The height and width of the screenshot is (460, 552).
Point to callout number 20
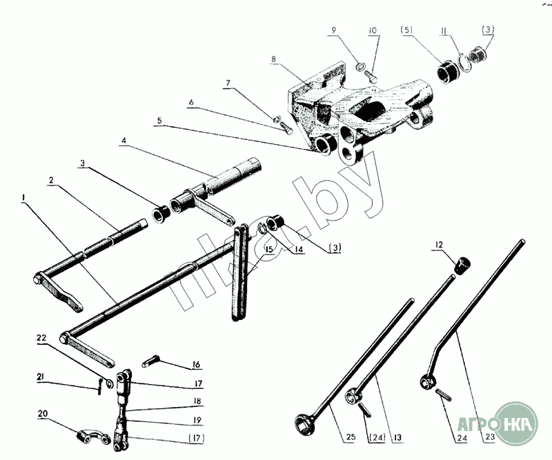(43, 414)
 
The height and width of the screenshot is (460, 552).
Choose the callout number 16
(197, 364)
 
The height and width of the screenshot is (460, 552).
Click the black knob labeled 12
(461, 263)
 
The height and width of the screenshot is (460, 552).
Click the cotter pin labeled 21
(101, 387)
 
